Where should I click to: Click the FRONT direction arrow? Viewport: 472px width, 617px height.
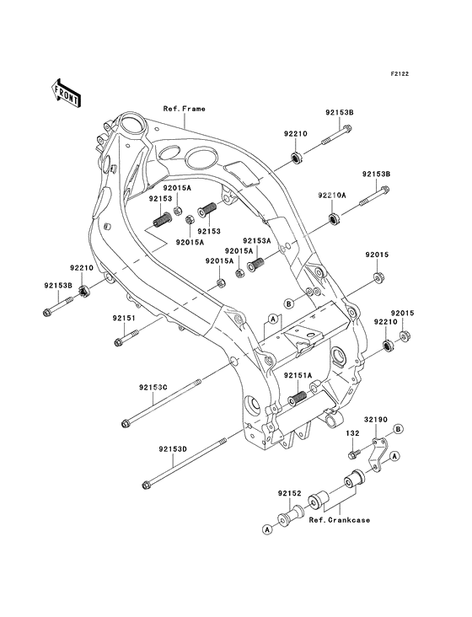click(x=66, y=94)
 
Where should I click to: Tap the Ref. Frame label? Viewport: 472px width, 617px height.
click(x=185, y=109)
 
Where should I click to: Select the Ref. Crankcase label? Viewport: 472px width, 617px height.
click(x=340, y=520)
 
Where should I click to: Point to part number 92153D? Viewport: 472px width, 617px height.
click(x=174, y=448)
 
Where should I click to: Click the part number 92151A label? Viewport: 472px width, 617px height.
click(x=298, y=376)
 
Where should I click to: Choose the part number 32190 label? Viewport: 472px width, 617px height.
click(x=375, y=420)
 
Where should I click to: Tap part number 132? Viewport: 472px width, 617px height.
click(x=352, y=433)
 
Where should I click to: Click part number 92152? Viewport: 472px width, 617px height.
click(x=289, y=493)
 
